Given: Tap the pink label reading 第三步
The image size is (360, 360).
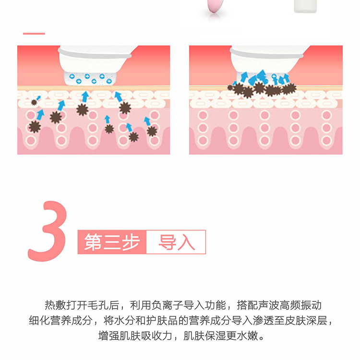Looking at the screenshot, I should [111, 242].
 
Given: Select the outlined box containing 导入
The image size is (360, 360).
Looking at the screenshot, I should [176, 242].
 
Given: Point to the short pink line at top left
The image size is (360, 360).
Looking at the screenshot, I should [34, 34].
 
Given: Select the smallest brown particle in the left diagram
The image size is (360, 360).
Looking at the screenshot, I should [34, 102].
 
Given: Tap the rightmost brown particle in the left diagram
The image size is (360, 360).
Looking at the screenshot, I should [152, 131].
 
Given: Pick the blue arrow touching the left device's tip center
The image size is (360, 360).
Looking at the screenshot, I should [85, 96].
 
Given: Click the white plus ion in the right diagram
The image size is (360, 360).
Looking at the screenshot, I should [274, 77].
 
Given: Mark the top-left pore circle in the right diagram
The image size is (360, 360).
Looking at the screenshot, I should [203, 115].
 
